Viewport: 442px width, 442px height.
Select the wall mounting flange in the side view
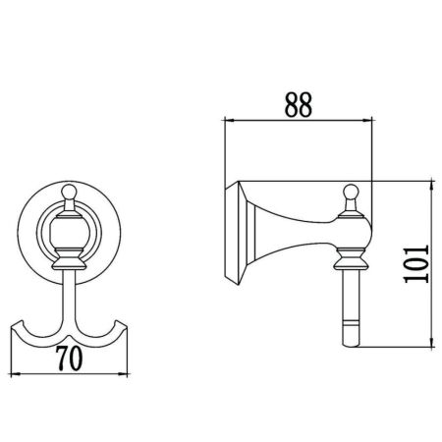pyautogui.click(x=237, y=234)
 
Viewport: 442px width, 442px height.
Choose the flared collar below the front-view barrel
pyautogui.click(x=70, y=261)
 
